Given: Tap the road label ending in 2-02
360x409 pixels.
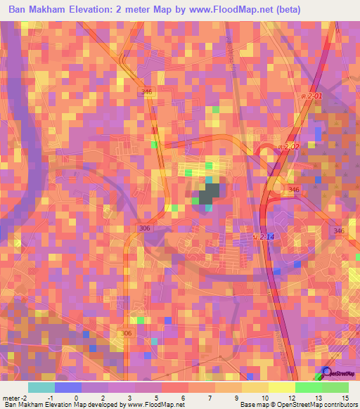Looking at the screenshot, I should (287, 146).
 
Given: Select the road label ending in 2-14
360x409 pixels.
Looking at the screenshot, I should (264, 238).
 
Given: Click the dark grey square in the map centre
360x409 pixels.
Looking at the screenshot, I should (209, 194).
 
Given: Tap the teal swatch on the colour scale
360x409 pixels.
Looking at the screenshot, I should (41, 387).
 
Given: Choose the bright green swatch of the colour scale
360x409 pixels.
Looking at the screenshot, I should (308, 387).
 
